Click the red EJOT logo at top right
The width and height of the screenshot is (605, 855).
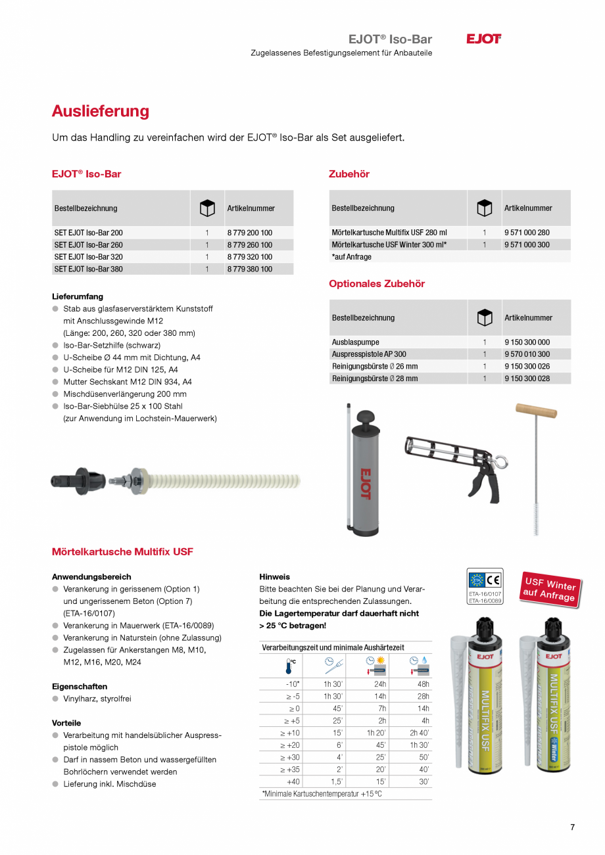[x=483, y=39]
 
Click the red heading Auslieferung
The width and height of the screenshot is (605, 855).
[x=101, y=111]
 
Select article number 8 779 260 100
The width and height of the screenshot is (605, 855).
[x=250, y=245]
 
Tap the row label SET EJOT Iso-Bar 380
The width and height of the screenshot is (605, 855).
[x=88, y=269]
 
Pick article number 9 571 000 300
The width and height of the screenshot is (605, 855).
[x=527, y=244]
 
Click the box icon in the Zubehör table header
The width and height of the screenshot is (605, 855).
[x=484, y=208]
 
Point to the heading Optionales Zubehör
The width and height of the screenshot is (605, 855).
[x=377, y=284]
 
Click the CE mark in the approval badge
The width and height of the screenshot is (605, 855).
[x=493, y=580]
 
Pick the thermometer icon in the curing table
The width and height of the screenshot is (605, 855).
[x=289, y=666]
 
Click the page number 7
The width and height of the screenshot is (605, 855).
[x=572, y=827]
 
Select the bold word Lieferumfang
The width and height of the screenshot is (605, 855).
[x=78, y=297]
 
